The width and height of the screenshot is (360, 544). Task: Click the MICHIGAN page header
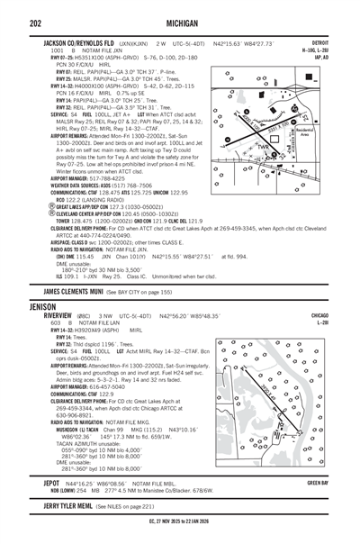tap(180, 24)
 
